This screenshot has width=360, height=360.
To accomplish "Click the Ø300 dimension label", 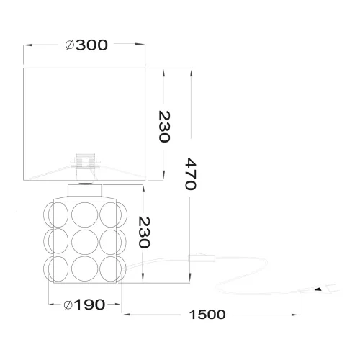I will click(86, 45).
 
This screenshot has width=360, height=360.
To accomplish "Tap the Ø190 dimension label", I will click(85, 305).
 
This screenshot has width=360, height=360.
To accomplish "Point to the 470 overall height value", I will click(190, 174).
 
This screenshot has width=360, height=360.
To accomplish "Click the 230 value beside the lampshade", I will click(164, 127).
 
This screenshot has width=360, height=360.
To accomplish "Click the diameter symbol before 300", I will click(69, 45).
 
